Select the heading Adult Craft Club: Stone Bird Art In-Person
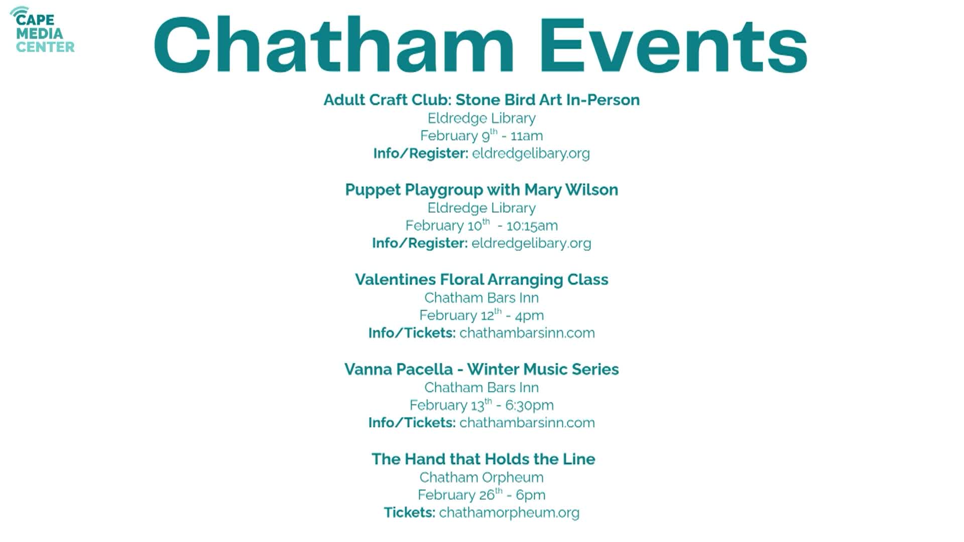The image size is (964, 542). (481, 100)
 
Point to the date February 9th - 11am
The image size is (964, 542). (481, 135)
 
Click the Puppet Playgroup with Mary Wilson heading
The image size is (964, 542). (481, 190)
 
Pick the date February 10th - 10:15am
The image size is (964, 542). (481, 225)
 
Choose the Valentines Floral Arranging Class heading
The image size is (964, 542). (481, 280)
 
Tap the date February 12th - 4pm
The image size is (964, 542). (481, 315)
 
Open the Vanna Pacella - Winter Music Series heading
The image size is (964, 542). (481, 369)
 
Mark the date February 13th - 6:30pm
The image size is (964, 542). (481, 405)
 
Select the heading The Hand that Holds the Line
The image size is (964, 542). (483, 459)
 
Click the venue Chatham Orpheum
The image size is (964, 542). (481, 477)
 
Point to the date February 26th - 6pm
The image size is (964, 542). (481, 495)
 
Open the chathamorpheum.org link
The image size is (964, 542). (509, 512)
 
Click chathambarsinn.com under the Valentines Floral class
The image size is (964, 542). (527, 333)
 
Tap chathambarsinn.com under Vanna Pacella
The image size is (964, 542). (527, 423)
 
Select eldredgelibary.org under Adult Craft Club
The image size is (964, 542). (531, 153)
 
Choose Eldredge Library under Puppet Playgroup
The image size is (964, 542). (481, 208)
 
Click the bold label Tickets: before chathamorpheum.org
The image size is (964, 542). (410, 512)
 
